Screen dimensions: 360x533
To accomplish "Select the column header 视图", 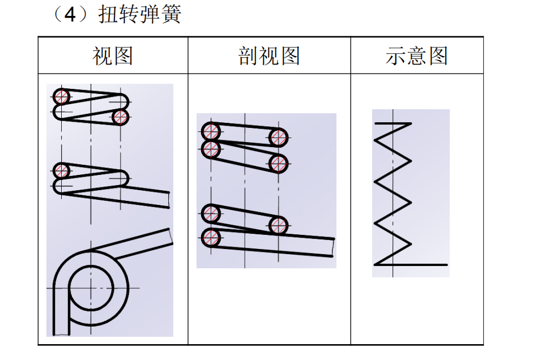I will pos(113,56).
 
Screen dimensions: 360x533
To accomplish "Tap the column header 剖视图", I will pos(269,56).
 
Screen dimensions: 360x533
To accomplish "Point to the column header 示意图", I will pos(417,56).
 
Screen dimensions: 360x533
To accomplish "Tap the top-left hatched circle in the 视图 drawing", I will pos(61,96).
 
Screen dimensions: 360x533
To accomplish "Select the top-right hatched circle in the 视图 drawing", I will pos(120,117).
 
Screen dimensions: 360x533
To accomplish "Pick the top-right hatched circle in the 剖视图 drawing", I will pos(279,137).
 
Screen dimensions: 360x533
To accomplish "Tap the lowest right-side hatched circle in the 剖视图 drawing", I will pos(279,225).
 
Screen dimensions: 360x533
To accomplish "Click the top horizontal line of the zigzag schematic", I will pos(393,123).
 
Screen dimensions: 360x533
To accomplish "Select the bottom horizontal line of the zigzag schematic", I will pos(411,264).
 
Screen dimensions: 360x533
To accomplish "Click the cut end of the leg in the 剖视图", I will pos(334,247).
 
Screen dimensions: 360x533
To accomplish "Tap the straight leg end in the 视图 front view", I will pos(169,199).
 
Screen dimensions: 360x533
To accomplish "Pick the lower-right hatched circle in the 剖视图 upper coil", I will pos(279,163).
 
